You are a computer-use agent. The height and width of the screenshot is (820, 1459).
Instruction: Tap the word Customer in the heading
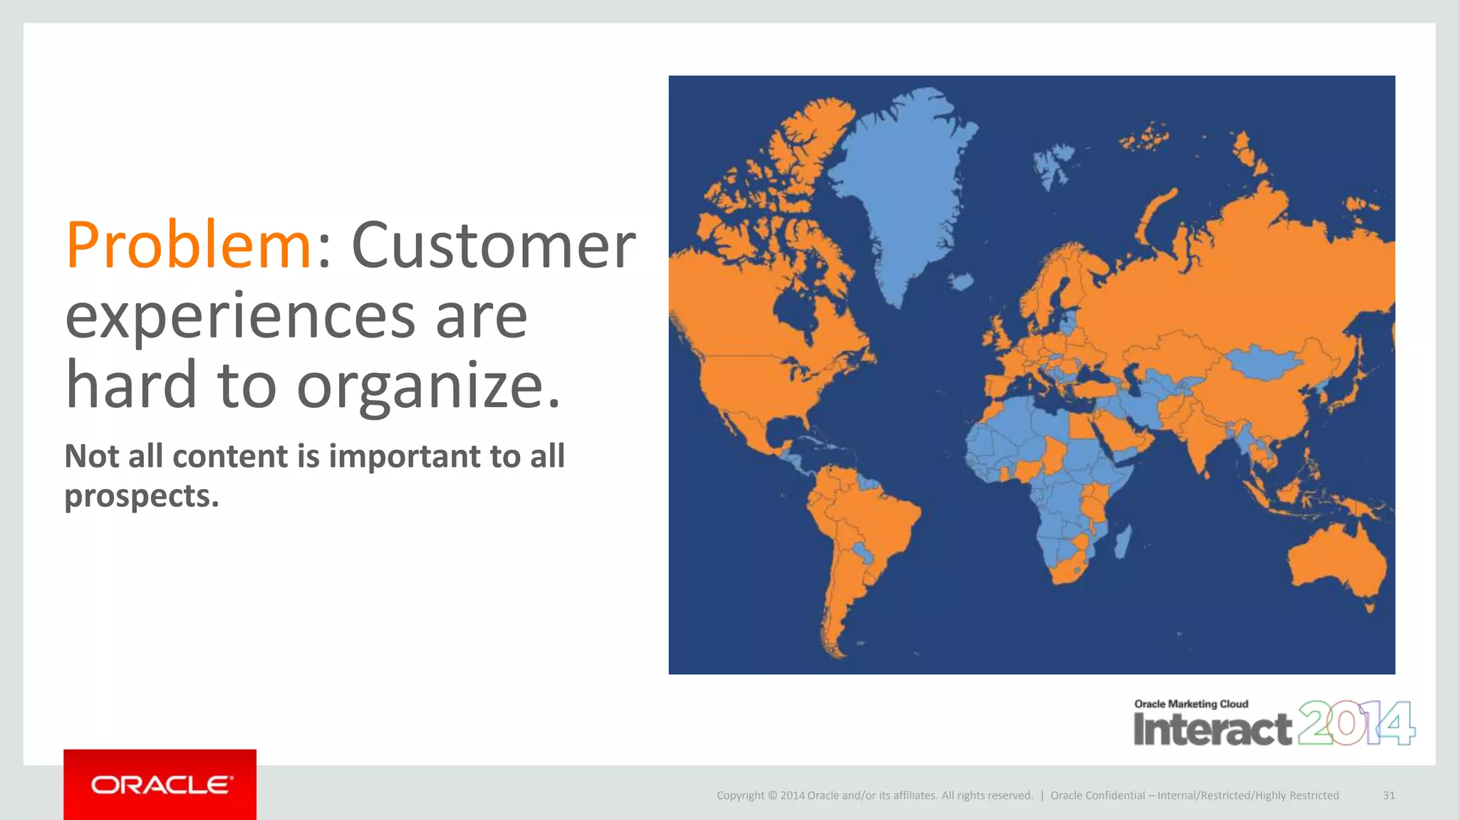493,246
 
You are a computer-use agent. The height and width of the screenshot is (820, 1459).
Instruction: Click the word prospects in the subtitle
141,496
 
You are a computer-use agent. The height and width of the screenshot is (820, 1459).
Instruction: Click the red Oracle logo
160,784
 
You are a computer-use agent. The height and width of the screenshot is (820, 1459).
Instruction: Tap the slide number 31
1388,795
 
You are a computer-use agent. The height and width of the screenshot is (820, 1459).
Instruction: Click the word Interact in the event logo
1213,730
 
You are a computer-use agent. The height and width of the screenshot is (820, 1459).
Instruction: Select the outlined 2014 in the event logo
1356,723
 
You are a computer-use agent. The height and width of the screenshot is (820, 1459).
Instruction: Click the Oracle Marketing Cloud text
1191,704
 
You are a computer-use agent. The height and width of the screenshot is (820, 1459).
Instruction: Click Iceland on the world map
961,283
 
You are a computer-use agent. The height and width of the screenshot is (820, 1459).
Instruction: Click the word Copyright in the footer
740,795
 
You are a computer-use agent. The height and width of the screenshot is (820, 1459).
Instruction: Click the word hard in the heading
131,386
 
